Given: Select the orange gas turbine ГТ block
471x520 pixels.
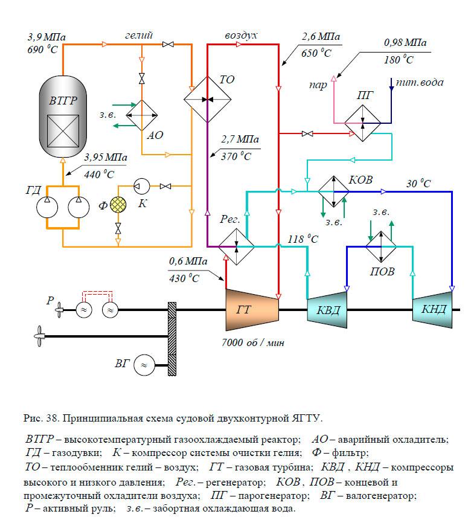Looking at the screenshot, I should click(252, 310).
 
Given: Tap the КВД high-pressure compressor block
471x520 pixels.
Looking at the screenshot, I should click(327, 310).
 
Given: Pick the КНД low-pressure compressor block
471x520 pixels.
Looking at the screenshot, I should click(433, 310).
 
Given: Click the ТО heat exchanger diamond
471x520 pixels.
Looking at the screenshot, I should click(208, 99).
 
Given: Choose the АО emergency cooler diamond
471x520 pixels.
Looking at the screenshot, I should click(141, 115).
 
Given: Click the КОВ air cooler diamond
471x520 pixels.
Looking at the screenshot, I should click(334, 192).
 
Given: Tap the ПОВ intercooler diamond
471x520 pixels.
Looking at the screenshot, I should click(380, 246).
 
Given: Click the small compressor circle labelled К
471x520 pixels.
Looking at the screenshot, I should click(141, 185).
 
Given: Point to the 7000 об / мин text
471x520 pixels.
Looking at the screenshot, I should click(253, 342).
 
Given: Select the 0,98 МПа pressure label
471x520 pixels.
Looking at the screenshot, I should click(405, 43).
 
